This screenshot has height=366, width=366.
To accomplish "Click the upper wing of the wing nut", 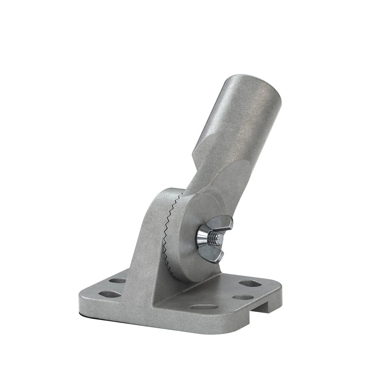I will (x=224, y=223).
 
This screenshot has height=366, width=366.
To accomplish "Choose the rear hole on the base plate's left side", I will (x=118, y=281).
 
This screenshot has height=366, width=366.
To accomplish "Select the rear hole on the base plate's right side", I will (x=250, y=283).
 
